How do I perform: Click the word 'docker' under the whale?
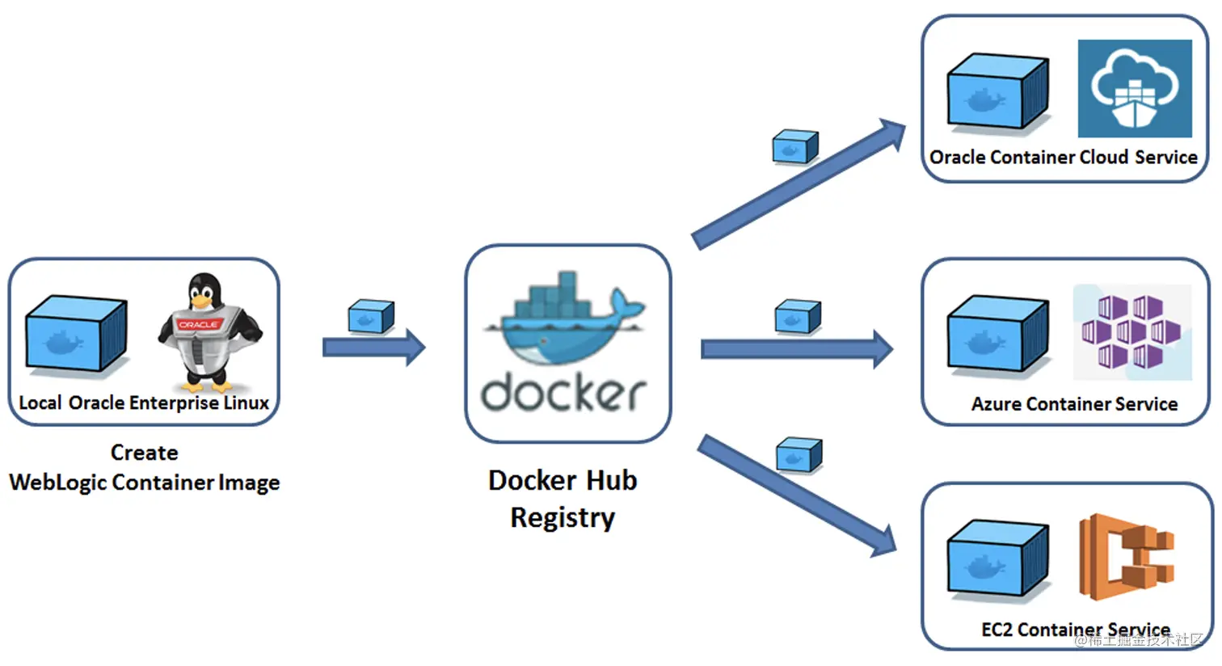point(563,393)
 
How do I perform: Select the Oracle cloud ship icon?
point(1135,88)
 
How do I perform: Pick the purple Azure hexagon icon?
point(1131,331)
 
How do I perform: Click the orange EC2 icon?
point(1127,557)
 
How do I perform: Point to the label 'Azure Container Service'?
point(1074,404)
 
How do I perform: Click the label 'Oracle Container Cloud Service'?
point(1064,158)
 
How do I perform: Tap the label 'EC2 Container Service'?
point(1075,630)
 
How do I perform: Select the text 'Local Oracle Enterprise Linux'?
point(144,403)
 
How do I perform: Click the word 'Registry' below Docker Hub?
point(563,517)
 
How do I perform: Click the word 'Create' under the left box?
point(144,453)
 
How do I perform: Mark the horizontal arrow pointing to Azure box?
point(796,349)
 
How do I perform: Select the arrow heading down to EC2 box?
point(796,495)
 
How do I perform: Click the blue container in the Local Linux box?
point(75,335)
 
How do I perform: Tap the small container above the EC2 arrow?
point(799,455)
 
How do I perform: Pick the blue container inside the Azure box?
point(997,335)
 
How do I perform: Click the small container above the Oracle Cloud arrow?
point(795,147)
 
